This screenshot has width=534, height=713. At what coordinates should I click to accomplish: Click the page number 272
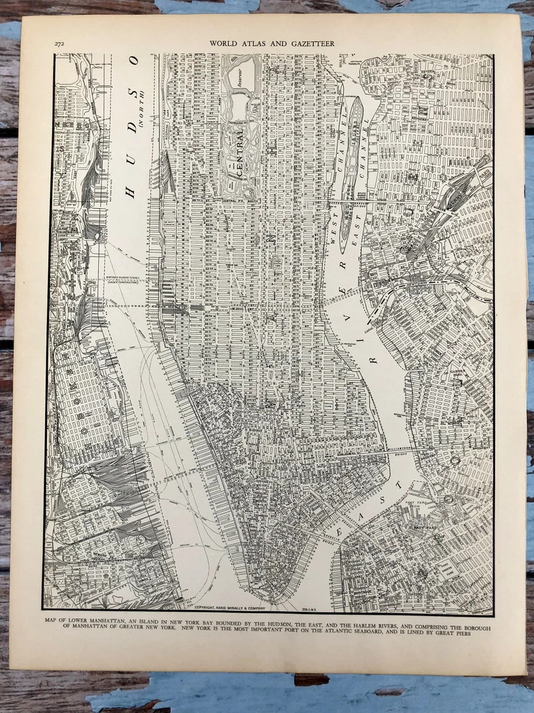click(60, 44)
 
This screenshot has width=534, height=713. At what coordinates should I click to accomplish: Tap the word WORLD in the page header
click(225, 44)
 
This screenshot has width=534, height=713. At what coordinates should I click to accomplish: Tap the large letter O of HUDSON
click(134, 62)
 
